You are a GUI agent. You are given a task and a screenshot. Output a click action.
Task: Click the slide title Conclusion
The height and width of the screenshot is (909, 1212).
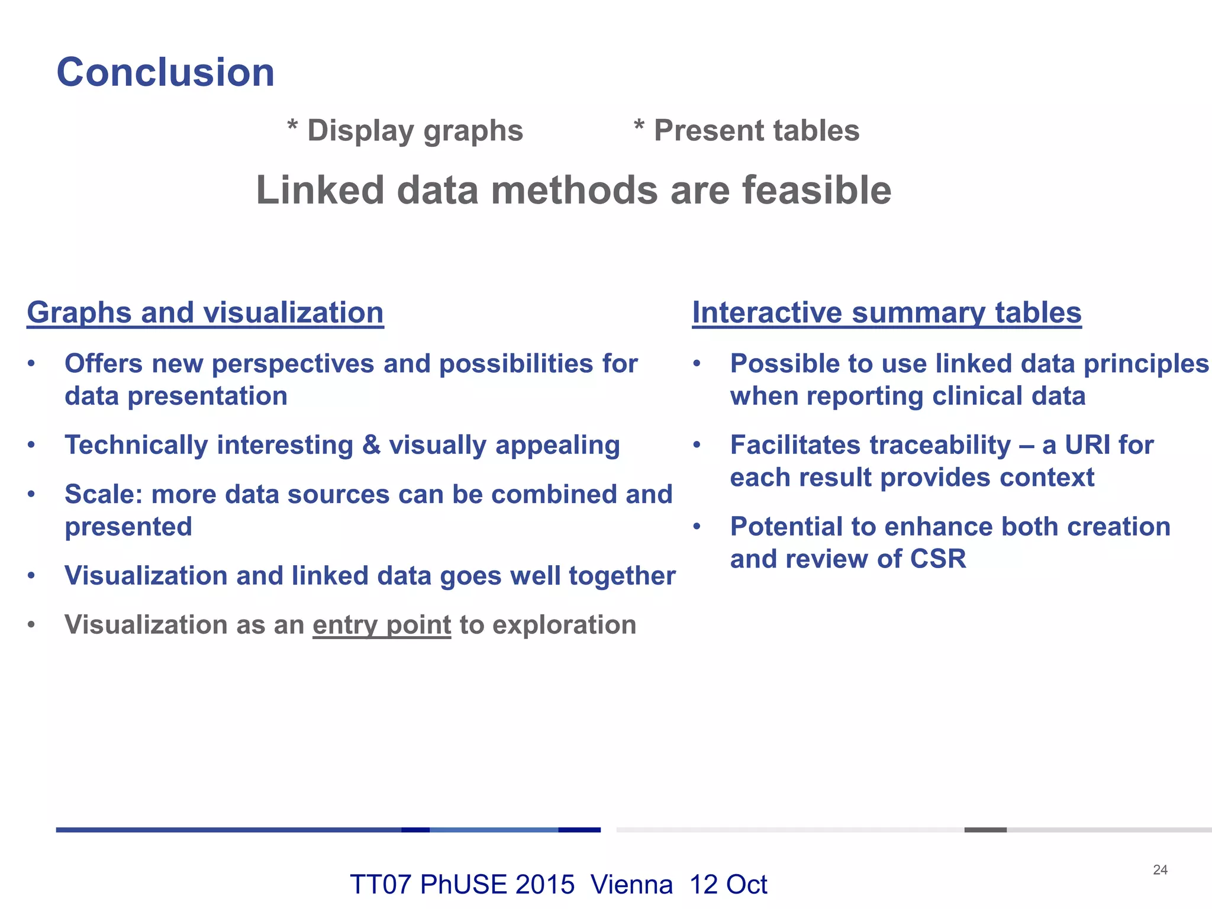pyautogui.click(x=165, y=72)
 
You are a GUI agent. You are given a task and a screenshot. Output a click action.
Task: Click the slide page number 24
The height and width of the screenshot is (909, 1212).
pyautogui.click(x=1160, y=869)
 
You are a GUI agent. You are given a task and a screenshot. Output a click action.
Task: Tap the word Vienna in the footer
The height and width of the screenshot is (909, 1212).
pyautogui.click(x=631, y=885)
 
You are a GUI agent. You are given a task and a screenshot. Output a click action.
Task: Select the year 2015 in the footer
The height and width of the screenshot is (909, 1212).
pyautogui.click(x=544, y=885)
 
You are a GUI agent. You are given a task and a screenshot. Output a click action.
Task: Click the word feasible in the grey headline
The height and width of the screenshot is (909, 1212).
pyautogui.click(x=817, y=191)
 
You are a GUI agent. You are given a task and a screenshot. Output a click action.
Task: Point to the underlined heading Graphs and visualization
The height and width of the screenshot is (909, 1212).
pyautogui.click(x=205, y=312)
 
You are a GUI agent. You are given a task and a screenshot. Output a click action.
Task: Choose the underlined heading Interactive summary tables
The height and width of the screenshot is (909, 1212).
pyautogui.click(x=887, y=312)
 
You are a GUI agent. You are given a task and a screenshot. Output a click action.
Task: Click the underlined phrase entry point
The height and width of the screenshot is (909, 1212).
pyautogui.click(x=382, y=625)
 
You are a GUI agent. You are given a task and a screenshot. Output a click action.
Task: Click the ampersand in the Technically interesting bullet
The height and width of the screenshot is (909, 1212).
pyautogui.click(x=371, y=445)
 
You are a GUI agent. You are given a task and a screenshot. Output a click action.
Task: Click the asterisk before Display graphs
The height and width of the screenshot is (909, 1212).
pyautogui.click(x=292, y=126)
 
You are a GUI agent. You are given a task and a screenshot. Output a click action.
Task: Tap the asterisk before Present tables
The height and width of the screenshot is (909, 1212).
pyautogui.click(x=639, y=126)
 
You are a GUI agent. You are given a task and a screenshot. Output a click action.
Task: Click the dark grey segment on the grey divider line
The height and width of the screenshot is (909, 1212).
pyautogui.click(x=985, y=830)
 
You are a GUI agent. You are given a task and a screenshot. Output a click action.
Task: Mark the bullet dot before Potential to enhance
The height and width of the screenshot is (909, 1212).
pyautogui.click(x=697, y=526)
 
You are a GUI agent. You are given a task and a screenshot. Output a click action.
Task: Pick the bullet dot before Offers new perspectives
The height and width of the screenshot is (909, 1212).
pyautogui.click(x=31, y=363)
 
